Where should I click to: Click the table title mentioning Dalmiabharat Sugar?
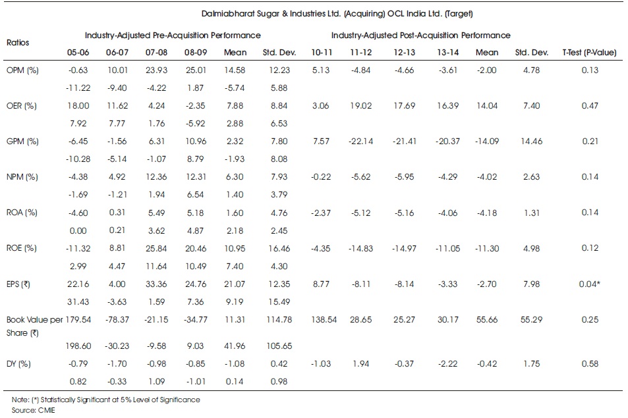tap(337, 14)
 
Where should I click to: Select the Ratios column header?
tap(18, 42)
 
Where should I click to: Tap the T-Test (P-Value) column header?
tap(589, 53)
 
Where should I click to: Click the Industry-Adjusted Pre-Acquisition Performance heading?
tap(173, 35)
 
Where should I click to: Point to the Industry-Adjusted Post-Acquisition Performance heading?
tap(420, 35)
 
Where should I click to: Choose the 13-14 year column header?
tap(447, 53)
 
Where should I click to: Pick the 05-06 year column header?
tap(78, 53)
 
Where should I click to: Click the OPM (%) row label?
tap(22, 70)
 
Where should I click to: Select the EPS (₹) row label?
tap(18, 284)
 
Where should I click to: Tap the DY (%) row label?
tap(18, 364)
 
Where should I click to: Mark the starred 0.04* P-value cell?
tap(590, 284)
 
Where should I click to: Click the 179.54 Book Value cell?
tap(78, 320)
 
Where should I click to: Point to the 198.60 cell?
tap(78, 346)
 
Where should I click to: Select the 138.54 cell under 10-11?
tap(324, 320)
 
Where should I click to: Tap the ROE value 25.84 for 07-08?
tap(156, 249)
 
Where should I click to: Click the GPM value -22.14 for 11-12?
tap(361, 142)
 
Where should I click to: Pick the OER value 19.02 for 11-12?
tap(361, 106)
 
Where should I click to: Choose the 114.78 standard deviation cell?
tap(279, 320)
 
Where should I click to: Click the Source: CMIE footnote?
tap(33, 410)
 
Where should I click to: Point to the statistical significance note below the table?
tap(105, 400)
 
